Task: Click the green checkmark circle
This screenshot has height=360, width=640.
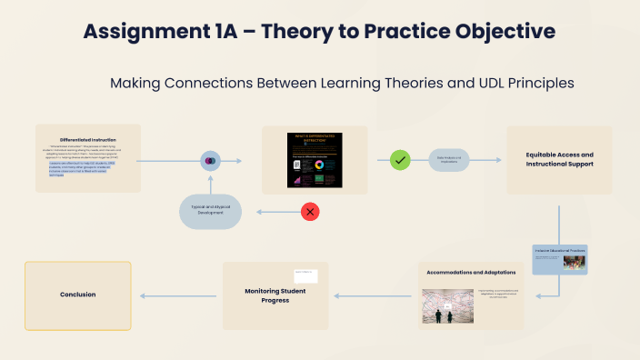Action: coord(400,160)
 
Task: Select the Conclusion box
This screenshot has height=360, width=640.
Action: coord(77,295)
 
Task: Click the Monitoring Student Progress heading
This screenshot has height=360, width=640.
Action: coord(275,295)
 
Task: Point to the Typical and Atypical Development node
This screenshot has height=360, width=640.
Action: coord(210,211)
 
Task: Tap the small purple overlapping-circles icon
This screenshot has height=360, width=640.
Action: coord(210,161)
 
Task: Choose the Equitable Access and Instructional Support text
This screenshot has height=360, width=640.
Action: coord(559,160)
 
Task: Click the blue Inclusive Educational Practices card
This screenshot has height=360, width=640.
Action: coord(559,259)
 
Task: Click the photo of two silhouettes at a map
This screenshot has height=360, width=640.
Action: coord(445,306)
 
